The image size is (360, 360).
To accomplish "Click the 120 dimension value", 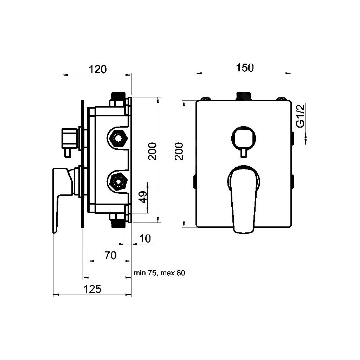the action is click(x=97, y=69).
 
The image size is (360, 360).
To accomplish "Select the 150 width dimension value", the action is click(x=245, y=67).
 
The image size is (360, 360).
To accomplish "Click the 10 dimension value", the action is click(x=144, y=238).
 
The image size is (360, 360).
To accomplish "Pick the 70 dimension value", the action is click(x=110, y=256).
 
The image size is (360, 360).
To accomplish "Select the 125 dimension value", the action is click(x=92, y=289).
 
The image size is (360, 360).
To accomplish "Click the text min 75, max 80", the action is click(x=159, y=273).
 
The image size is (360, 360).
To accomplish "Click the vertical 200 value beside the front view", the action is click(x=179, y=151).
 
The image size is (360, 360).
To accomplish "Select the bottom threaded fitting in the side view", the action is click(x=118, y=223).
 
